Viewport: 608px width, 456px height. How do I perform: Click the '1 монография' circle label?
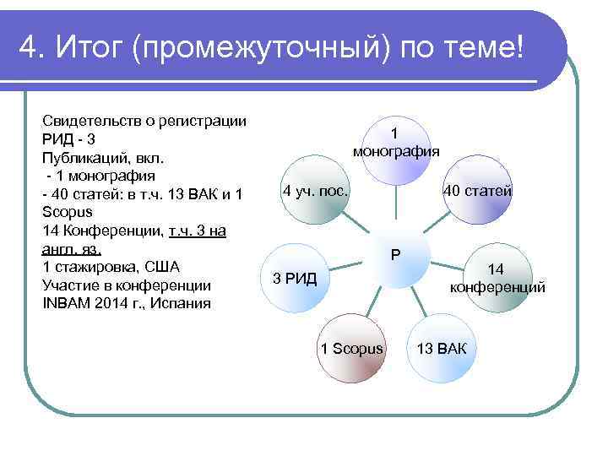pyautogui.click(x=395, y=144)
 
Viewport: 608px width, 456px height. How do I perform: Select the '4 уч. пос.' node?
pyautogui.click(x=316, y=191)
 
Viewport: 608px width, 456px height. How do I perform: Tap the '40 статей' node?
pyautogui.click(x=478, y=191)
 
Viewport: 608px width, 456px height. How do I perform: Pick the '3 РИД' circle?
pyautogui.click(x=296, y=278)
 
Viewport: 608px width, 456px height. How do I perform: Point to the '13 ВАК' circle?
pyautogui.click(x=441, y=348)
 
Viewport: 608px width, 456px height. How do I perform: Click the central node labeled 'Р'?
pyautogui.click(x=395, y=255)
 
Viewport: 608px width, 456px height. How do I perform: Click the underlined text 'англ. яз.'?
pyautogui.click(x=72, y=248)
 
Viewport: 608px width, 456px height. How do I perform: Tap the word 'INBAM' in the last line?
pyautogui.click(x=66, y=303)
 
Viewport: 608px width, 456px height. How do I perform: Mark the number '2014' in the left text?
pyautogui.click(x=111, y=303)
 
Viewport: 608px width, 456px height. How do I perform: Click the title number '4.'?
pyautogui.click(x=30, y=49)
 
